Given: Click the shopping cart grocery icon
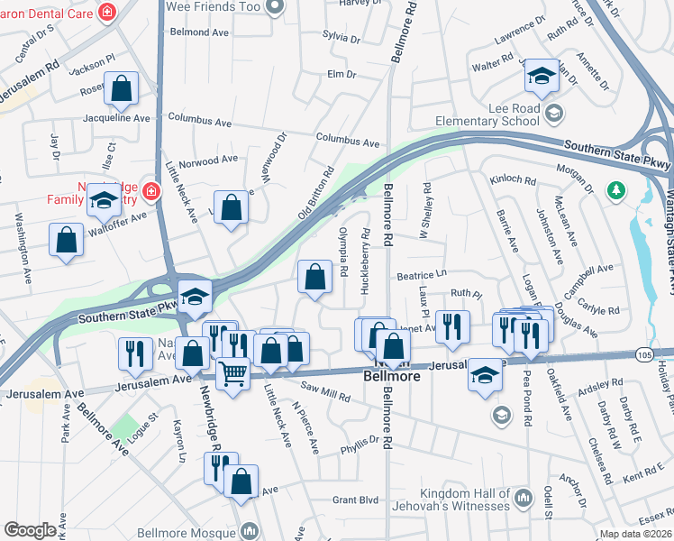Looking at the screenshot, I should point(232,372).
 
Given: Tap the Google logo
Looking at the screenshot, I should point(30,530).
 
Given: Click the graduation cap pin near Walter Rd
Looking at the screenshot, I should point(542,77).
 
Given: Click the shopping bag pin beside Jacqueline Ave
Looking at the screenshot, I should point(121,89).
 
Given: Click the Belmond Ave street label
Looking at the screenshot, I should point(201,32).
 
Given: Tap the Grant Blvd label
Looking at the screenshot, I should point(356,499).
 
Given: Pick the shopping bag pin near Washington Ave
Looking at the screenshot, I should point(66,241).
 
